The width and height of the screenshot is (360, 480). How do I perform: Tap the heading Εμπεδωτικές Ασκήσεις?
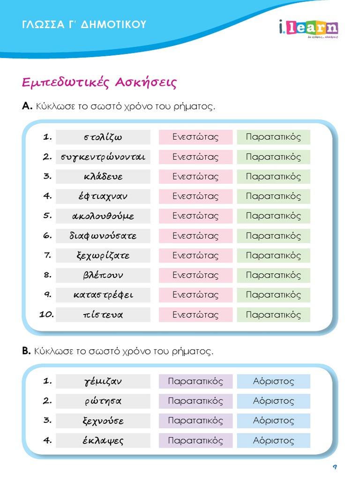coord(99,82)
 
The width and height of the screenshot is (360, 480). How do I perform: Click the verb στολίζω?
coord(103,137)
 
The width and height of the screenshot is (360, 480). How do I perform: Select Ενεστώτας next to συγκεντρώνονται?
coord(195,157)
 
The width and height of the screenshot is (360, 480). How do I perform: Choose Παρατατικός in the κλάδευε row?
coord(273,177)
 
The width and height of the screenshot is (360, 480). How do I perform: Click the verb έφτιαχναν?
coord(103,196)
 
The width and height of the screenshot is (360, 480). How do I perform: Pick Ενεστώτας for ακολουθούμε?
coord(195,216)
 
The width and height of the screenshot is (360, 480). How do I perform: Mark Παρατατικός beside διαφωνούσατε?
coord(273,236)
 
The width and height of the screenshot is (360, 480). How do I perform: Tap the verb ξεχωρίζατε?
coord(103,255)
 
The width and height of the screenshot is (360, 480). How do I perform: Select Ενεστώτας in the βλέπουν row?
coord(195,275)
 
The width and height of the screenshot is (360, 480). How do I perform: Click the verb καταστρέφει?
coord(103,295)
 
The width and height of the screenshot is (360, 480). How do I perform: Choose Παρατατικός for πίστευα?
coord(273,315)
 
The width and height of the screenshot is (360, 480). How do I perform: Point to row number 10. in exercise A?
coord(46,315)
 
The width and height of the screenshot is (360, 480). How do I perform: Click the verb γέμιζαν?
coord(103,382)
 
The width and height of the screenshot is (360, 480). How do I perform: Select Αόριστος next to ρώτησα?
coord(273,401)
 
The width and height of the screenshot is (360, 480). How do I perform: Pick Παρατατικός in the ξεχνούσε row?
coord(195,420)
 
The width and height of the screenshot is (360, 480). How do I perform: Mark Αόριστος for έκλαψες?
coord(273,441)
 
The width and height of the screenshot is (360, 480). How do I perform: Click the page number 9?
coord(335,467)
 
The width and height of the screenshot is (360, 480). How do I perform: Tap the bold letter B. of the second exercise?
coord(26,351)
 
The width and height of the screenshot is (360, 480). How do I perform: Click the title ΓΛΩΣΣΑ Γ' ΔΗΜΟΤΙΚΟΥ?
coord(84,24)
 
